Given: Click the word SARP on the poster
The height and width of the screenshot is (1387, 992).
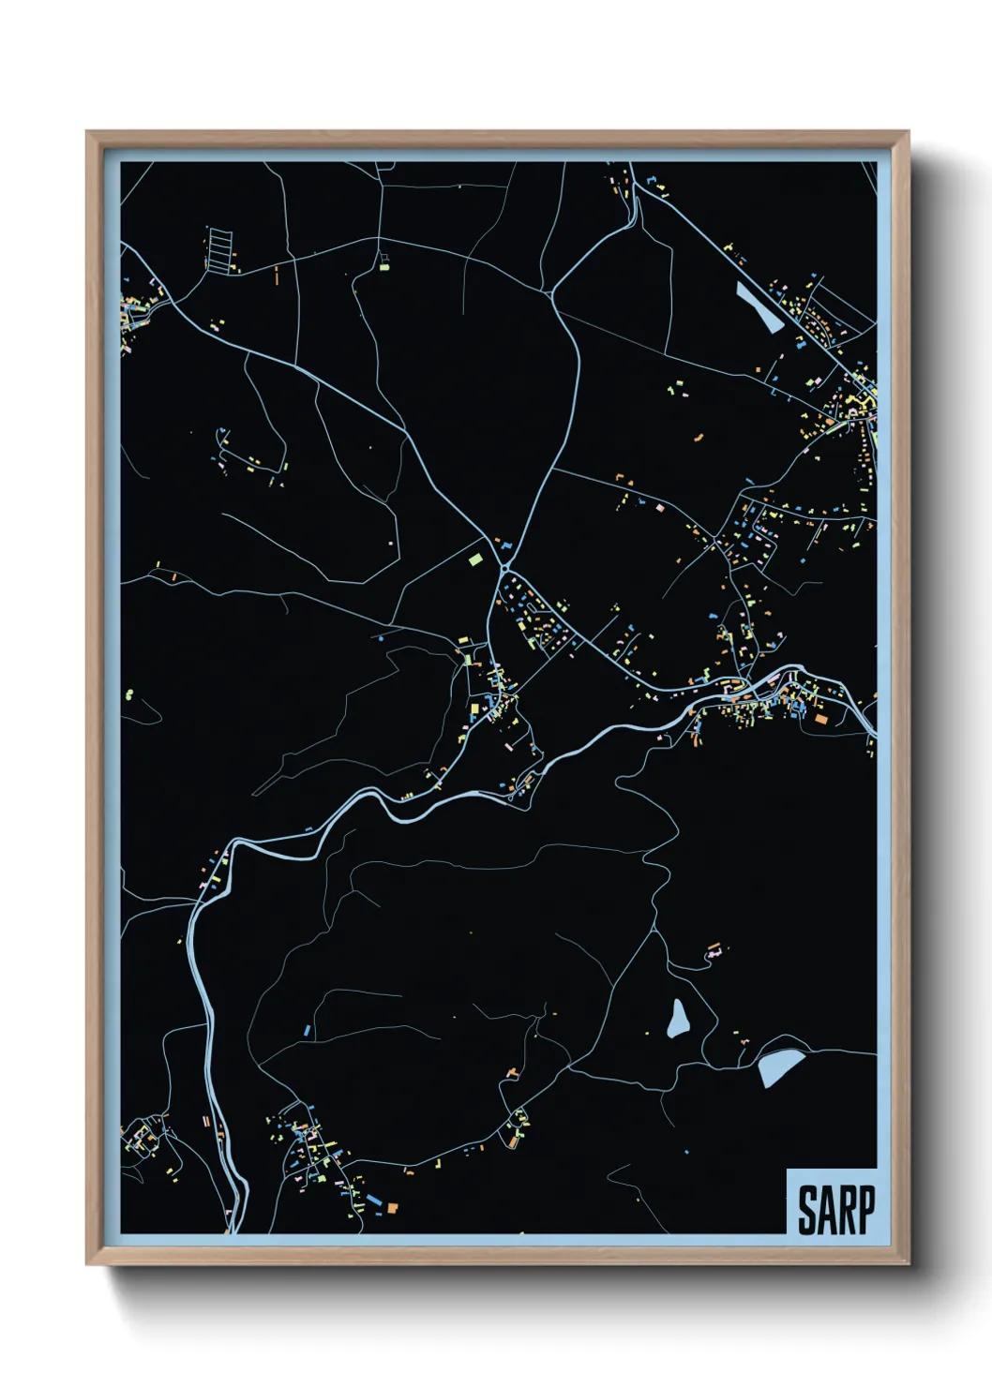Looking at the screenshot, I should tap(835, 1209).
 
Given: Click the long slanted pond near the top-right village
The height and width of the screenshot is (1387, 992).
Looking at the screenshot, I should tap(759, 308).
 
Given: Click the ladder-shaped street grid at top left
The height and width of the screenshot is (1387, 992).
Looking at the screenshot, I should tap(219, 249).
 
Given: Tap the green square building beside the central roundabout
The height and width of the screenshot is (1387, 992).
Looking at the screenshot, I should tap(475, 559).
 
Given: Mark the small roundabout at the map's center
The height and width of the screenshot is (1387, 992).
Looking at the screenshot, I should tap(505, 567).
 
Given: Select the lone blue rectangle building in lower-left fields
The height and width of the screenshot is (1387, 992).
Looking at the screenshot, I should tap(307, 1031).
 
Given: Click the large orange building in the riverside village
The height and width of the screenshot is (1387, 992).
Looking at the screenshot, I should tap(821, 719).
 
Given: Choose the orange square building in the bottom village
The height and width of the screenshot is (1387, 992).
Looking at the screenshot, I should tap(393, 1208).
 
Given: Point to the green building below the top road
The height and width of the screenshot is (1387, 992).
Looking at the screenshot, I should tap(383, 267).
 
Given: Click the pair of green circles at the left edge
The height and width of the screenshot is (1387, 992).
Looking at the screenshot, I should tap(128, 694).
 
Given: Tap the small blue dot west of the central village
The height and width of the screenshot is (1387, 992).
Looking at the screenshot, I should tap(381, 638).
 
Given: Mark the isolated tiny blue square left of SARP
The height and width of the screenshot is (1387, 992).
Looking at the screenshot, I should tap(686, 1151).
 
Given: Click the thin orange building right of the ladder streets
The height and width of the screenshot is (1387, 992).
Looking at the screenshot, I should tap(277, 276).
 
